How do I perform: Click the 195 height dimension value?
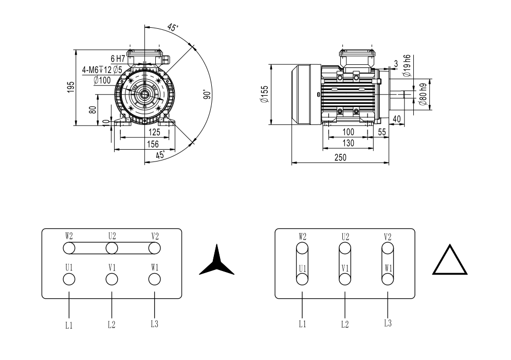(x=71, y=87)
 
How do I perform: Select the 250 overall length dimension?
(x=340, y=157)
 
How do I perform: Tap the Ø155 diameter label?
(x=264, y=94)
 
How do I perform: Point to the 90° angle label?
(x=207, y=94)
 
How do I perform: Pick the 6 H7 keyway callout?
(x=118, y=59)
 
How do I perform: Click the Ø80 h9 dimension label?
(x=423, y=94)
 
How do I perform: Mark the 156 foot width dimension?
(x=153, y=144)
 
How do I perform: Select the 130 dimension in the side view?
(x=349, y=143)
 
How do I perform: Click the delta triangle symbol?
(x=450, y=260)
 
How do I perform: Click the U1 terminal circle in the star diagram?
(x=69, y=279)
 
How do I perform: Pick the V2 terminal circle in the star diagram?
(x=154, y=248)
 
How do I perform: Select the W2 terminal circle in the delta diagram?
(x=302, y=248)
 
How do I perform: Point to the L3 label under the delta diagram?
(x=388, y=323)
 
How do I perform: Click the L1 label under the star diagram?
(x=69, y=325)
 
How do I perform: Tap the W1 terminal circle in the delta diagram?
(x=388, y=279)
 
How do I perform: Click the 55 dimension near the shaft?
(x=382, y=132)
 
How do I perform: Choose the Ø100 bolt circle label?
(x=102, y=80)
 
